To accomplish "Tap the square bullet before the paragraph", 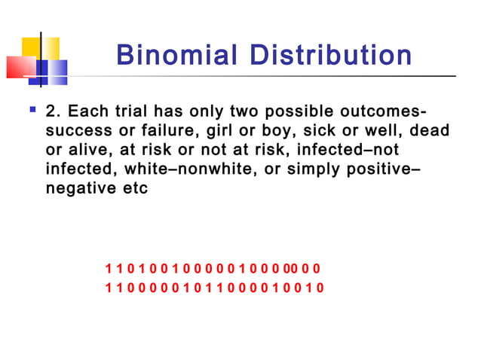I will [31, 110].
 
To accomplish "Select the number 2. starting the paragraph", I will [53, 111].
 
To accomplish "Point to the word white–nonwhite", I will [183, 169].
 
